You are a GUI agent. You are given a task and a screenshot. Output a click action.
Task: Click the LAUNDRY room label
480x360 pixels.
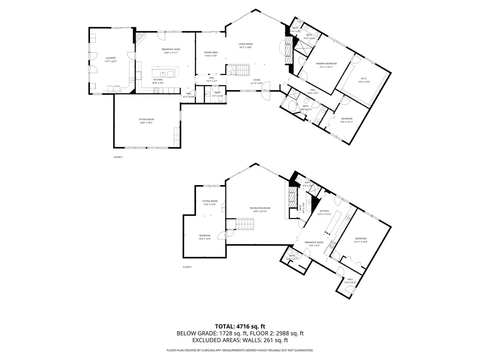[111, 58]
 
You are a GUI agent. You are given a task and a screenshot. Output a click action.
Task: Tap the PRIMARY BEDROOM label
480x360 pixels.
[326, 63]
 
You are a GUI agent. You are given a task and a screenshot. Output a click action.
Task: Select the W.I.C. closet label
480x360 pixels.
[366, 78]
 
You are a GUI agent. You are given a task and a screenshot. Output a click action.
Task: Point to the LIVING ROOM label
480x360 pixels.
[245, 44]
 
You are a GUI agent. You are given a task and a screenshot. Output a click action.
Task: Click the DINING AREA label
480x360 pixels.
[210, 52]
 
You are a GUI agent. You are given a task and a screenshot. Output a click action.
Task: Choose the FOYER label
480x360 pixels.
[257, 80]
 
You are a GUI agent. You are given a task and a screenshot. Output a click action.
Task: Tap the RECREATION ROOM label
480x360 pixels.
[260, 208]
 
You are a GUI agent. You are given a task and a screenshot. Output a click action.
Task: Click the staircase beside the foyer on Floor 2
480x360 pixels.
[239, 70]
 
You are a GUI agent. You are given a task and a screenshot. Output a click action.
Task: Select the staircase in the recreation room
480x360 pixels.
[243, 225]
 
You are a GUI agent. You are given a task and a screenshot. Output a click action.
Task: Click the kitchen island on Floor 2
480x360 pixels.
[163, 74]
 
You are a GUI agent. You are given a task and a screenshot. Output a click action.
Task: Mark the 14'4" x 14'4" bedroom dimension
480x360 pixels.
[205, 239]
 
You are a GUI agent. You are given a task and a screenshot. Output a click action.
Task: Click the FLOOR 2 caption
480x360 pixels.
[118, 157]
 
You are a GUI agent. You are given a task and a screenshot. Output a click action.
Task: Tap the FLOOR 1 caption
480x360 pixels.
[187, 267]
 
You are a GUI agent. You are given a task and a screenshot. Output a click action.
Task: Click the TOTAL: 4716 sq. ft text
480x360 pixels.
[240, 326]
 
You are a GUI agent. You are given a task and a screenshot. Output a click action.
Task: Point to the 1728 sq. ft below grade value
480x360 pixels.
[227, 334]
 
